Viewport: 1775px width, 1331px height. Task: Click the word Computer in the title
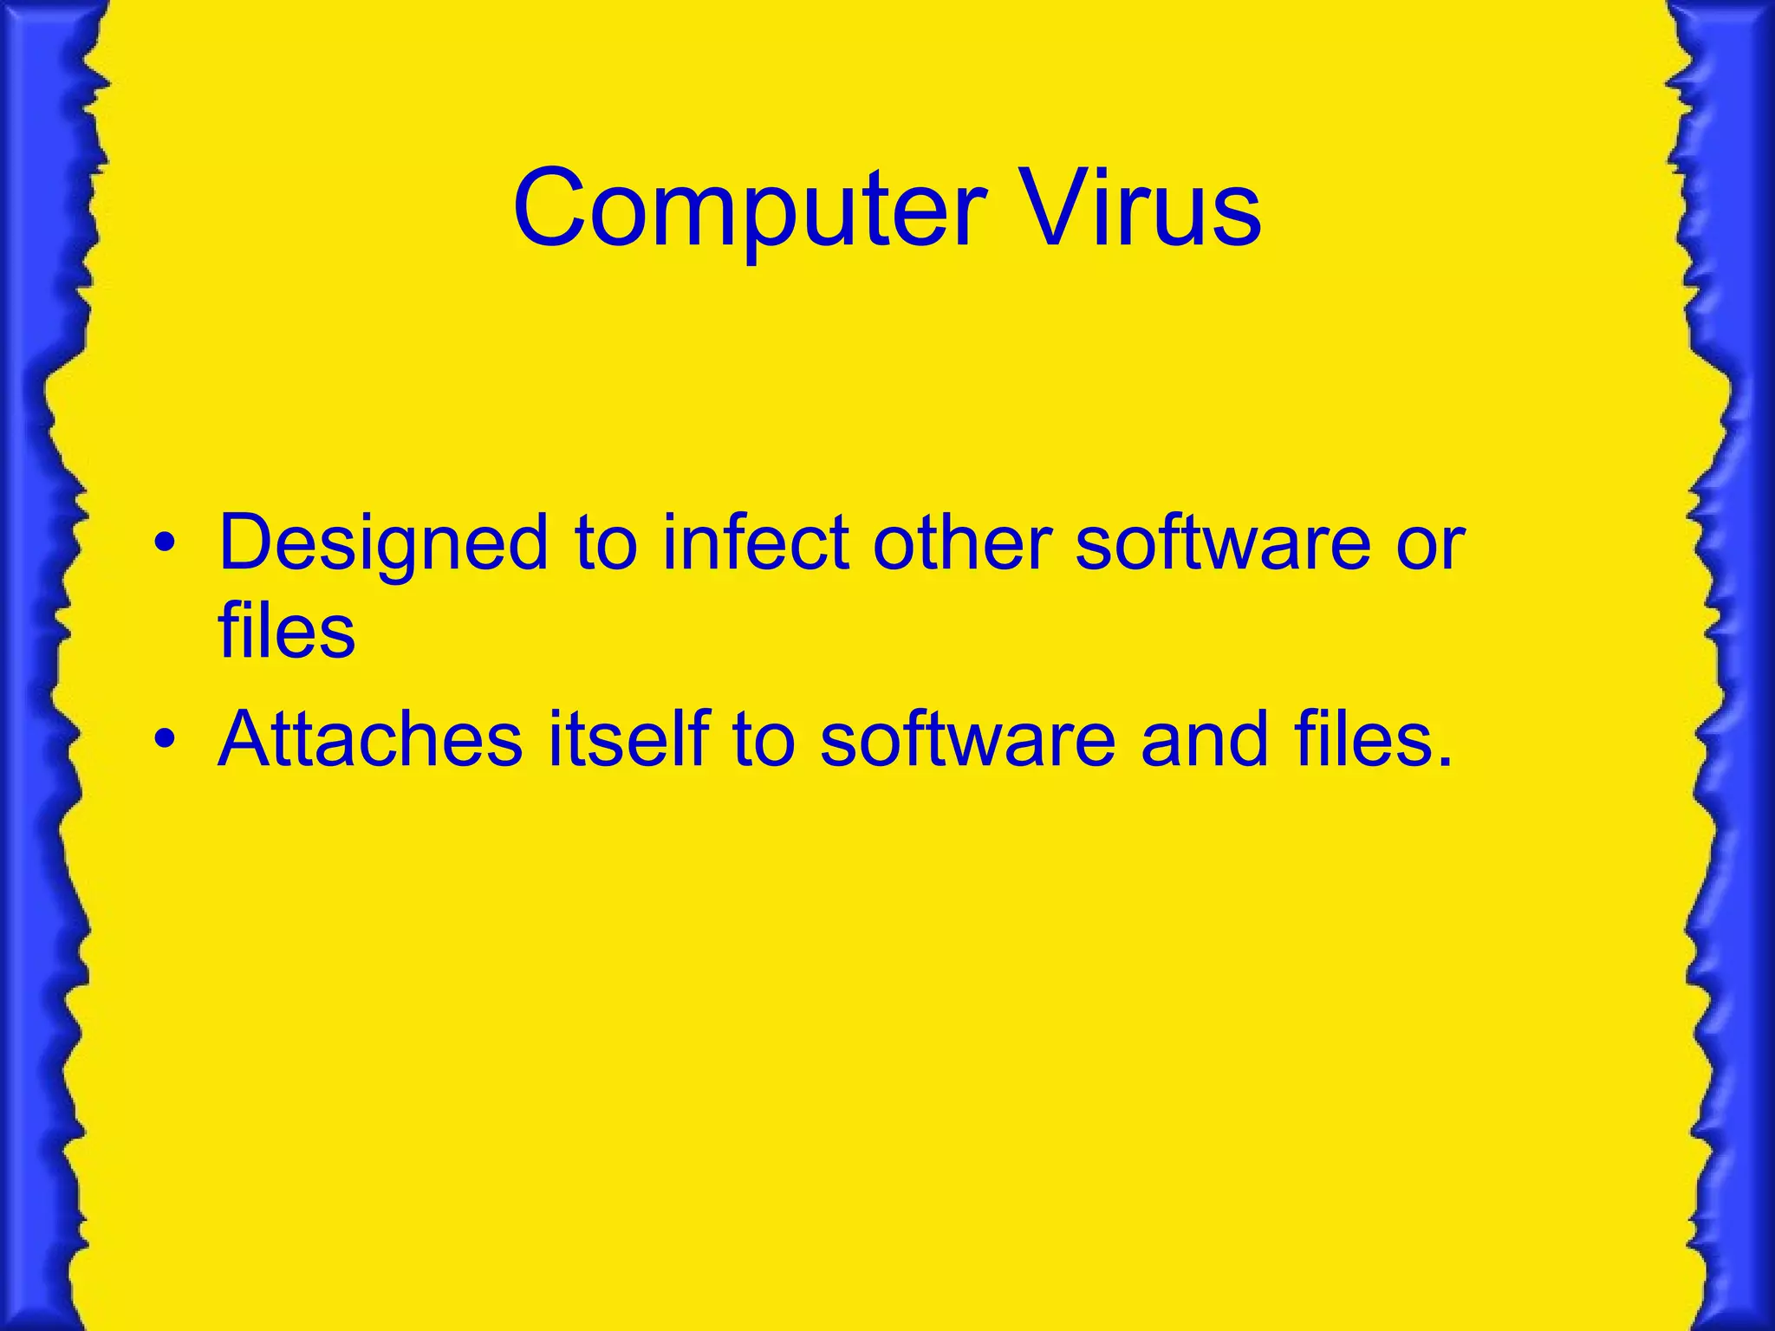click(x=750, y=210)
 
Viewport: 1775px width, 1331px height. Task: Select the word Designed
click(x=384, y=544)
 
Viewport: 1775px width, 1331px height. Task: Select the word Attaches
click(x=371, y=738)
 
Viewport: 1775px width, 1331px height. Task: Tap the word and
click(x=1205, y=738)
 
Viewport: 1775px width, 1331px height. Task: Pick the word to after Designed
click(x=606, y=544)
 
